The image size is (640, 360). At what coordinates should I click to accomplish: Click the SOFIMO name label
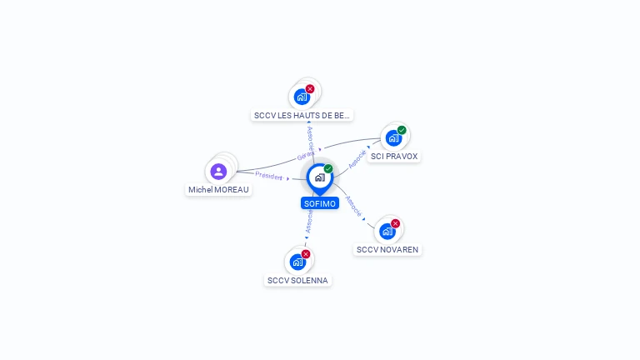320,203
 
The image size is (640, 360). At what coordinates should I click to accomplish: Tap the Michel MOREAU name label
218,189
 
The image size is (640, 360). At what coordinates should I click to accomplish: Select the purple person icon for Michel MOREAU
218,172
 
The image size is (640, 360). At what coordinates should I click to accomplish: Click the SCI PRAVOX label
394,156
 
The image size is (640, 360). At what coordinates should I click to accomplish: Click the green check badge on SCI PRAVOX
402,130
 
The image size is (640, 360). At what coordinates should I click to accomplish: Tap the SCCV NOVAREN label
387,249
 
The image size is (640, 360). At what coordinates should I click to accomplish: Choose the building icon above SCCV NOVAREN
387,232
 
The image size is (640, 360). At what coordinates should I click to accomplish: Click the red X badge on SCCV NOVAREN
395,223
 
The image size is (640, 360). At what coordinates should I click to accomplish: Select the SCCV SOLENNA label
297,280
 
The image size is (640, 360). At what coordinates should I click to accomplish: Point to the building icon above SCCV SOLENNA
297,262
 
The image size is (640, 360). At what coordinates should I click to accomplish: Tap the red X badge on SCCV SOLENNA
306,254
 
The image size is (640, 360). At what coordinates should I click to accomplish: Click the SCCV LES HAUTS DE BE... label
302,115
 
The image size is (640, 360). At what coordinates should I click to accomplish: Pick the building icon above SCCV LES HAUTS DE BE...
302,97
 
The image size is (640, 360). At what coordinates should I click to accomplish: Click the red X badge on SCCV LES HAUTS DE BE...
310,88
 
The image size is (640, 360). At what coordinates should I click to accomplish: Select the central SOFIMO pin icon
319,177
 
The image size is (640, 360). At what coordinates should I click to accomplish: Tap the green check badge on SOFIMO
328,169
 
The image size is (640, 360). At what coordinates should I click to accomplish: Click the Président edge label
269,176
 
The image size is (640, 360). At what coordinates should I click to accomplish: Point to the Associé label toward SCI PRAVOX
357,158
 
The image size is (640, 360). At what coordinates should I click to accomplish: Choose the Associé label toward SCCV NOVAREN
353,206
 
